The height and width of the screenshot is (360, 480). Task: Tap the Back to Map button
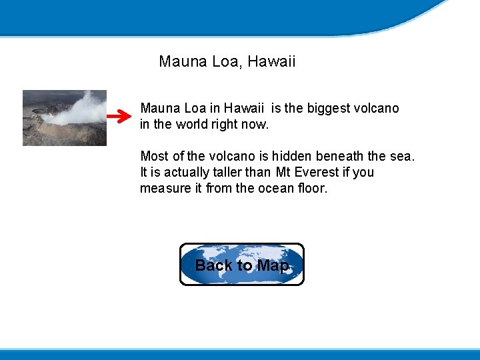(241, 265)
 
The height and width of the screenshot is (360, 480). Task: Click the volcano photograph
(65, 117)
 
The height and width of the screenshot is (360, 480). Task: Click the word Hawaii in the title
(271, 62)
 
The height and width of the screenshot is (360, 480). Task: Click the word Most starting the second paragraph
(155, 156)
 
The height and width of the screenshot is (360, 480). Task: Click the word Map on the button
(273, 265)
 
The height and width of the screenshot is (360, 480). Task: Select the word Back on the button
(213, 265)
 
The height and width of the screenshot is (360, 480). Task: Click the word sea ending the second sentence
(401, 156)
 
